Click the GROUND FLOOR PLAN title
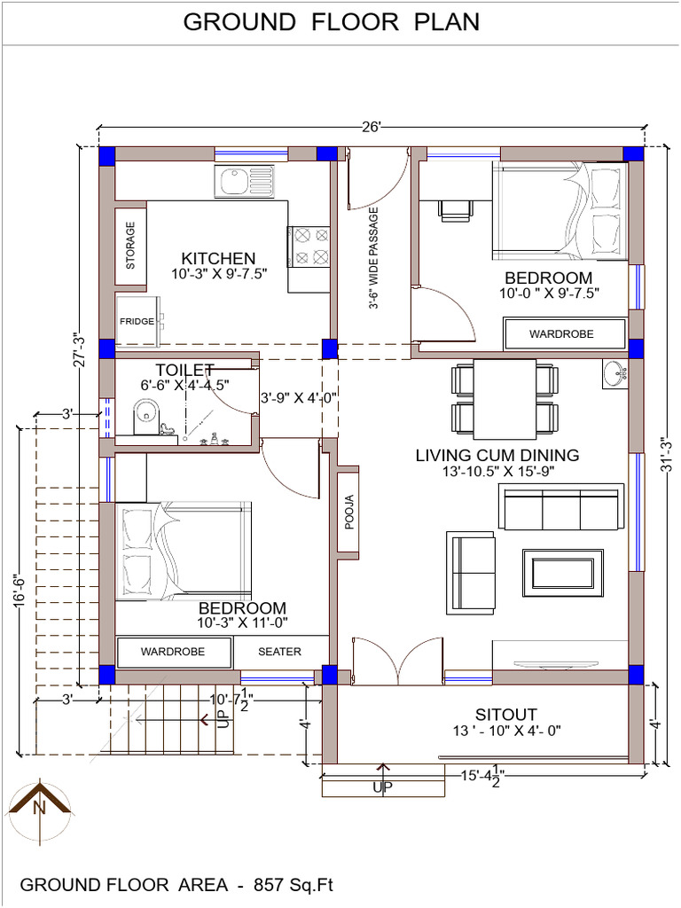tap(331, 22)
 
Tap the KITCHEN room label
tap(218, 258)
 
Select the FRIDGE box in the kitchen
tap(137, 321)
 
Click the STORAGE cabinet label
tap(131, 246)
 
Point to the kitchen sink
tap(244, 182)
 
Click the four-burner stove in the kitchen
tap(309, 247)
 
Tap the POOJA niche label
tap(348, 513)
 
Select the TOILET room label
tap(184, 369)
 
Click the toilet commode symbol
tap(144, 414)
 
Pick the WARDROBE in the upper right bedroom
tap(561, 334)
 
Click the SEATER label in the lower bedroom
tap(279, 652)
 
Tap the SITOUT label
tap(505, 715)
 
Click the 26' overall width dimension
tap(371, 127)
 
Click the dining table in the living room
tap(505, 398)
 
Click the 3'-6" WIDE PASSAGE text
tap(374, 258)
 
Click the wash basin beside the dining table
tap(614, 374)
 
